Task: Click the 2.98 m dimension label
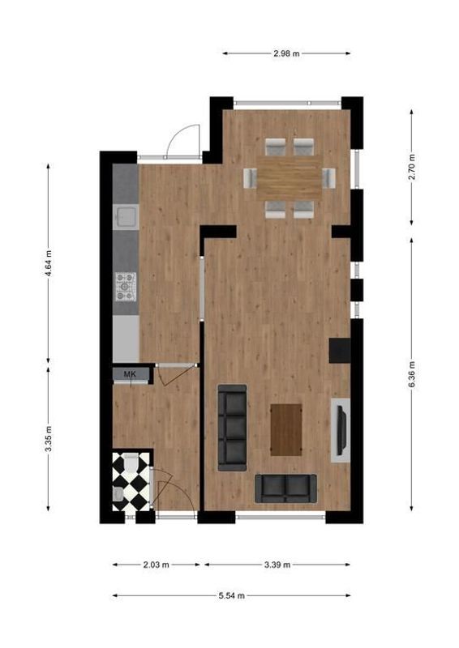pos(287,53)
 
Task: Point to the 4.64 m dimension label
pos(49,263)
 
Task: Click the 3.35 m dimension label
pos(49,440)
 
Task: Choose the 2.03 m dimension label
pos(157,565)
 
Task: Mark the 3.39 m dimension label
pos(277,565)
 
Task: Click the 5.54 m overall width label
pos(232,595)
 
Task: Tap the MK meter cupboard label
pos(130,373)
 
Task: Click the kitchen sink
pos(126,216)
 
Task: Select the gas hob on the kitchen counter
pos(125,284)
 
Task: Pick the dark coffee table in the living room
pos(285,429)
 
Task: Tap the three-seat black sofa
pos(233,426)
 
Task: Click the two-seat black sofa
pos(285,488)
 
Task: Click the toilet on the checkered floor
pos(119,494)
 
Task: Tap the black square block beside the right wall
pos(339,350)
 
